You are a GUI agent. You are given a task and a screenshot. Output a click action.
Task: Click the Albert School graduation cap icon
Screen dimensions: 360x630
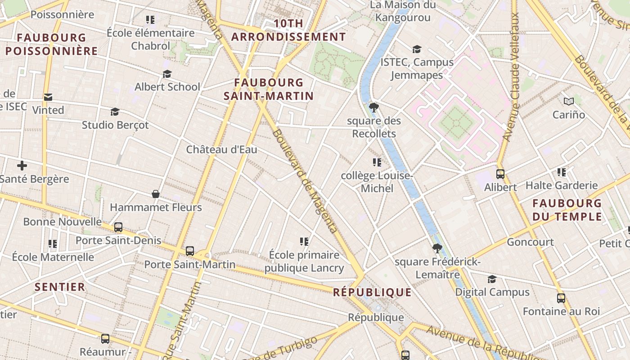[x=167, y=74]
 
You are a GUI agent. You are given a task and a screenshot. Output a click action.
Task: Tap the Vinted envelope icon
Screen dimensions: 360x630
[x=48, y=97]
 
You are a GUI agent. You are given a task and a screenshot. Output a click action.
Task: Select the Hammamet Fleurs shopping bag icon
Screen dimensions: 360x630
[x=155, y=194]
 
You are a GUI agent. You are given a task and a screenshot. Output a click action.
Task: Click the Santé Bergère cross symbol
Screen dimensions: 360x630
[x=22, y=166]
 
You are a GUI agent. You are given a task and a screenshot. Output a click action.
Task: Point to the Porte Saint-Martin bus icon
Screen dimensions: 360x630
[x=190, y=251]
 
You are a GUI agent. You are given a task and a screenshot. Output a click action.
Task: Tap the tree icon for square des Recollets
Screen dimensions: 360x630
[x=373, y=107]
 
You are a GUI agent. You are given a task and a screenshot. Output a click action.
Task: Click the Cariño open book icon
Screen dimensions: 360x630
[x=569, y=102]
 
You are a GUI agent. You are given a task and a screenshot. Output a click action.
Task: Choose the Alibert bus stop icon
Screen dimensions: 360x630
[x=500, y=174]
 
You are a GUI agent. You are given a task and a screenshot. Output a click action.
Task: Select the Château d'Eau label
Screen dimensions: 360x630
[x=221, y=149]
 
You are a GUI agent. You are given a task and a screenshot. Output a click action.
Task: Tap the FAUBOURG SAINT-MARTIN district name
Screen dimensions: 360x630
[x=269, y=89]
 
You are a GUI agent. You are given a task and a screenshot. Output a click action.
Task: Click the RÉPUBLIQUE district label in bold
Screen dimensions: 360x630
[x=372, y=292]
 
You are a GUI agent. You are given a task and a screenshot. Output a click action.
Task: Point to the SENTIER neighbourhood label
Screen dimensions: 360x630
[x=60, y=287]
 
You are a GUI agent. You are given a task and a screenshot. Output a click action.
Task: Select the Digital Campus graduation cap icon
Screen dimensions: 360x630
[x=492, y=279]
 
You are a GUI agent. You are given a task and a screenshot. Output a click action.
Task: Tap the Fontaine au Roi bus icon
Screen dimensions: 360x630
[x=561, y=298]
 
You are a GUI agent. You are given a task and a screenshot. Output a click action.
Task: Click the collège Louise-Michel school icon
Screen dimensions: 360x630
[x=377, y=162]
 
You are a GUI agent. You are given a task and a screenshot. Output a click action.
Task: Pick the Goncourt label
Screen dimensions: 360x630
[x=530, y=242]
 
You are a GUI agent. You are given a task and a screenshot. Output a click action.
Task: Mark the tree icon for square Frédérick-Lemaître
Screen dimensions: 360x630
[x=436, y=248]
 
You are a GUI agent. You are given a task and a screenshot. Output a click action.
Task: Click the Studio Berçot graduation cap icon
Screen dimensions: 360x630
[x=115, y=112]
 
